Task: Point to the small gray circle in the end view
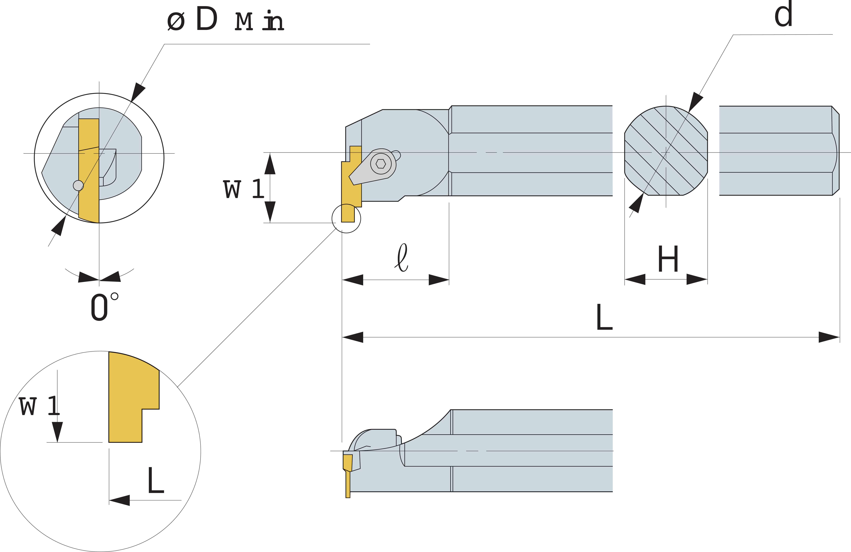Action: tap(78, 185)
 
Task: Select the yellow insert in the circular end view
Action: tap(89, 170)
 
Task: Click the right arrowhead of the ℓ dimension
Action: tap(439, 280)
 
